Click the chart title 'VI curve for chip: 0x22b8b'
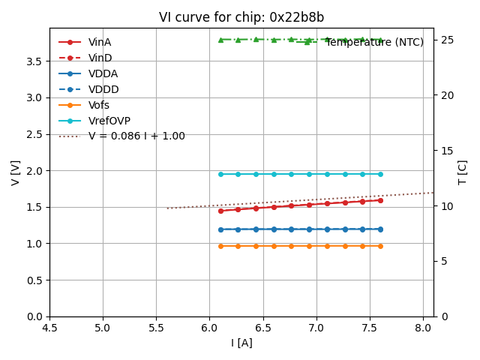tap(241, 17)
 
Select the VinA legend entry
tap(100, 42)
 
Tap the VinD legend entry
tap(100, 58)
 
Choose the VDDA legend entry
tap(103, 73)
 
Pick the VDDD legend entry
tap(103, 89)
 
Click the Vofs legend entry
tap(99, 105)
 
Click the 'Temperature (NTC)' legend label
tap(374, 42)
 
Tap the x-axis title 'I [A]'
tap(241, 343)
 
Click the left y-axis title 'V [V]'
tap(16, 172)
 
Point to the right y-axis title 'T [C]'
tap(463, 172)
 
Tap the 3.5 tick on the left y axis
tap(34, 61)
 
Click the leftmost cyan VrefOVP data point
tap(220, 174)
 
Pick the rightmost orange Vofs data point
tap(380, 246)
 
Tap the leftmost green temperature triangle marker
tap(220, 40)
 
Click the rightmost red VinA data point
tap(380, 200)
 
